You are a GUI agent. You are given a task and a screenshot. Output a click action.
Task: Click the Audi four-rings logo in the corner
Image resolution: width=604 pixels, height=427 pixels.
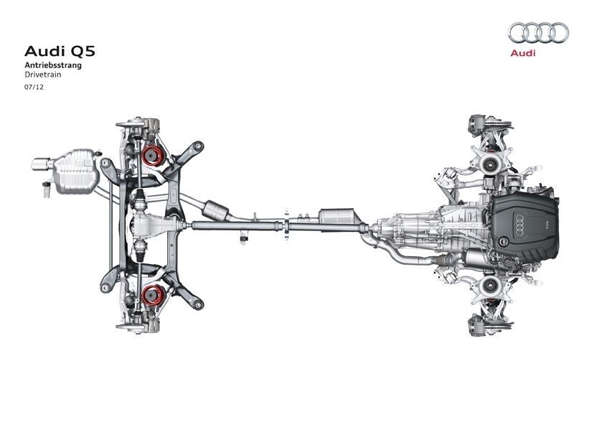point(539,33)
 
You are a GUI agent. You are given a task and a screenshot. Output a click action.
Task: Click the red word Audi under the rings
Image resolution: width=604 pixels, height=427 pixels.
point(523,53)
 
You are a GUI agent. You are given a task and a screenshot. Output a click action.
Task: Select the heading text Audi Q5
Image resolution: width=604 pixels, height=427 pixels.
point(60,51)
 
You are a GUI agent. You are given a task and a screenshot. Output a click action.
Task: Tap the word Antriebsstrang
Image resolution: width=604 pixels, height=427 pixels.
point(53,65)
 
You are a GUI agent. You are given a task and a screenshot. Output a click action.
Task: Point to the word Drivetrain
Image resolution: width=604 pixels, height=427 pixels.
point(43,75)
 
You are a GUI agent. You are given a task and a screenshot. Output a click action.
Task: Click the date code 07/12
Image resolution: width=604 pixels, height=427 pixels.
point(34,87)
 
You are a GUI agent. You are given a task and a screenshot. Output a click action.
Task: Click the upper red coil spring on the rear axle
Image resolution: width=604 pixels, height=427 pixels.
point(153,156)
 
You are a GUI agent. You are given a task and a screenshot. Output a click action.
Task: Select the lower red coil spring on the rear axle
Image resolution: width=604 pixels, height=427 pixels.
point(153,295)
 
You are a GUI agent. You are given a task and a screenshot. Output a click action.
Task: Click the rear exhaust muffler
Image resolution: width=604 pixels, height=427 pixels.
point(76,172)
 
